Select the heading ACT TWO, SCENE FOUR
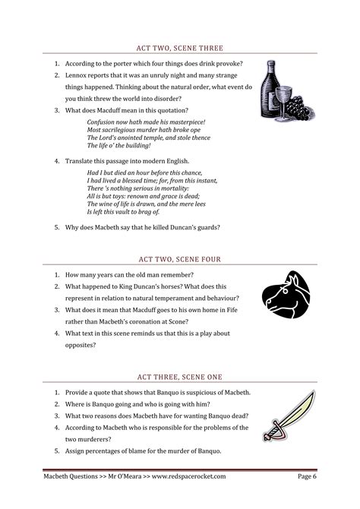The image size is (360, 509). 181,259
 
